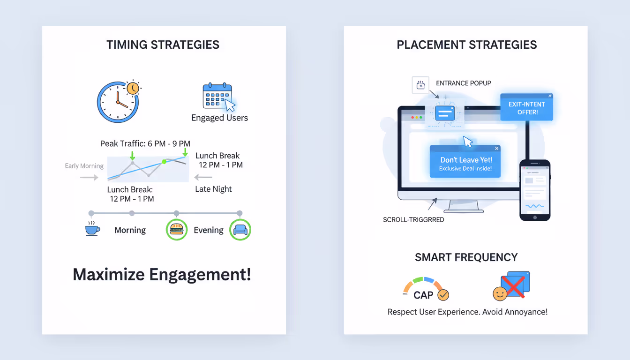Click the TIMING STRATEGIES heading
(163, 45)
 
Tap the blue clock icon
(118, 102)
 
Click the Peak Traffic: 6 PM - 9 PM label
(145, 143)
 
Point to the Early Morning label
(84, 166)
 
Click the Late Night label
(213, 189)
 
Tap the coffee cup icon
(92, 229)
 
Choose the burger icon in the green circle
(177, 230)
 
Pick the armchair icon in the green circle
(240, 230)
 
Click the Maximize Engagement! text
(162, 275)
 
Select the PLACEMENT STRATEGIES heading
(466, 45)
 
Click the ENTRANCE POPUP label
(463, 83)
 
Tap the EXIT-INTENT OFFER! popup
(526, 108)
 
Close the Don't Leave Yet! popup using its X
(497, 149)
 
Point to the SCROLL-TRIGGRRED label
(413, 219)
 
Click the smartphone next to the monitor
(535, 190)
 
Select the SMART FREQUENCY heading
(466, 257)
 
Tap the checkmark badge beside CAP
(443, 295)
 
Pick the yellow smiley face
(500, 294)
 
